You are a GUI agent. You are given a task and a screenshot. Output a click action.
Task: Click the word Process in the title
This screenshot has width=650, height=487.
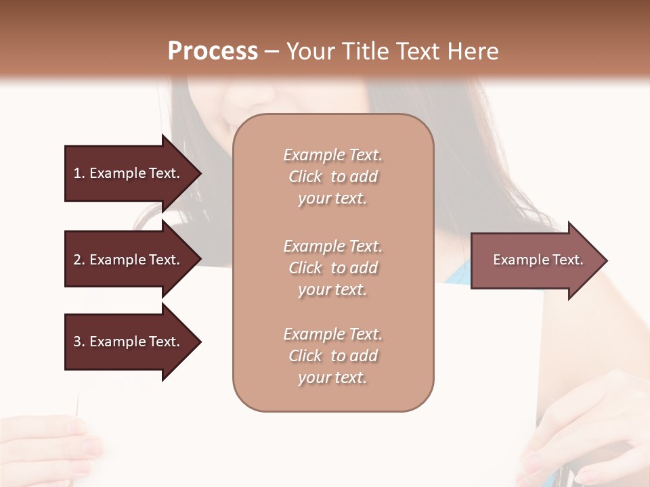click(x=213, y=51)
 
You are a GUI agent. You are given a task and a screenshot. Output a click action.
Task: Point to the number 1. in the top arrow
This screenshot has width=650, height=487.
click(x=79, y=173)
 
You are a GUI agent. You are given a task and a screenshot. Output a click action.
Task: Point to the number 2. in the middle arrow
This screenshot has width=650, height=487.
click(x=79, y=260)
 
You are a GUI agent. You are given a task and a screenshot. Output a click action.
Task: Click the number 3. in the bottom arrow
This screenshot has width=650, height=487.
click(x=79, y=342)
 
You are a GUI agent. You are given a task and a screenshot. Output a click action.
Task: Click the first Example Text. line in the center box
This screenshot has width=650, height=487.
click(x=332, y=155)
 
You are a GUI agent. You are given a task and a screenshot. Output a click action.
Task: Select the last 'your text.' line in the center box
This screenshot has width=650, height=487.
click(x=332, y=378)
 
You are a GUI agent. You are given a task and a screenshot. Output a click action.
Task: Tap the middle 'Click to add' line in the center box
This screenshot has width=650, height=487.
click(x=332, y=268)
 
